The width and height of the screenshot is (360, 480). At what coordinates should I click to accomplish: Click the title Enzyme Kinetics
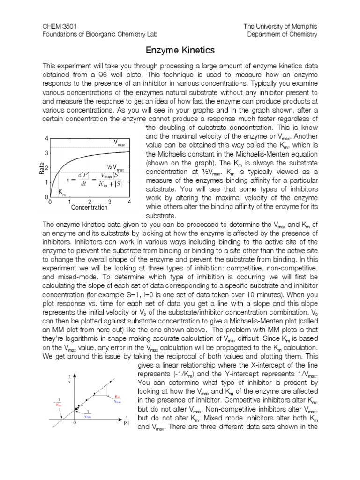pyautogui.click(x=180, y=50)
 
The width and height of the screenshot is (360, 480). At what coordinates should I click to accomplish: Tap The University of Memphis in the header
pyautogui.click(x=280, y=26)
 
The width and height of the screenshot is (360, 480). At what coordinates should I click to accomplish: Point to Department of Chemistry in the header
pyautogui.click(x=283, y=34)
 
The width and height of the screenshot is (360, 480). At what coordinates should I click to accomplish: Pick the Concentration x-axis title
pyautogui.click(x=89, y=207)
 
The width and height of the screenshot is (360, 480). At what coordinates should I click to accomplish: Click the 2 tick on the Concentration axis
pyautogui.click(x=90, y=202)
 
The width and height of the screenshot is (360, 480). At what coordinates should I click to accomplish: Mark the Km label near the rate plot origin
pyautogui.click(x=62, y=192)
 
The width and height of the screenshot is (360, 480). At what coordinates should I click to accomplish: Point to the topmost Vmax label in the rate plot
pyautogui.click(x=119, y=142)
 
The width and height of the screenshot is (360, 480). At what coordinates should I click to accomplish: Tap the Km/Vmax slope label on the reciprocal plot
pyautogui.click(x=117, y=398)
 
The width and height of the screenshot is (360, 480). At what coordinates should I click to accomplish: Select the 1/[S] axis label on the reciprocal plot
pyautogui.click(x=126, y=420)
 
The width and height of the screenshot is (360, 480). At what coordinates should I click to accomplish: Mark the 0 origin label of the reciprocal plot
pyautogui.click(x=74, y=423)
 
